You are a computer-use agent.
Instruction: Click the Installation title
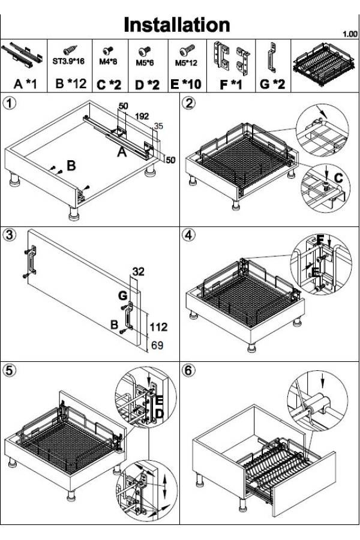click(177, 25)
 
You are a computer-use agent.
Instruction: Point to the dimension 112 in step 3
click(159, 327)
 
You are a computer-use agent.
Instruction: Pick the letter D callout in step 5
click(160, 413)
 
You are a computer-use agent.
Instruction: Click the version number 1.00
click(349, 34)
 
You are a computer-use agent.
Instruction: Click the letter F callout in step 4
click(320, 241)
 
